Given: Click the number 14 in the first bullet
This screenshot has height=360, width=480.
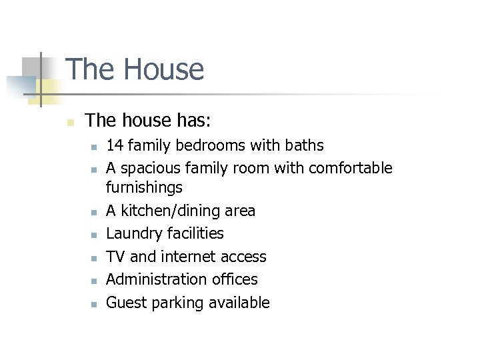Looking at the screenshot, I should tap(115, 145).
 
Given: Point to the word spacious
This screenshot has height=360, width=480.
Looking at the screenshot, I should tap(150, 168).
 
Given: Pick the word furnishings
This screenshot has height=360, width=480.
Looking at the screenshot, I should tap(145, 188).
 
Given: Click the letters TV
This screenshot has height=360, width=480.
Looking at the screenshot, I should tap(116, 257).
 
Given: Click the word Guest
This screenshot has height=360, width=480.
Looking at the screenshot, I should tap(127, 303).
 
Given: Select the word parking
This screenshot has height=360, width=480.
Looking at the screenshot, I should tap(179, 303).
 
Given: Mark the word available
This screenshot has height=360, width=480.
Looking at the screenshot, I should tap(239, 303).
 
